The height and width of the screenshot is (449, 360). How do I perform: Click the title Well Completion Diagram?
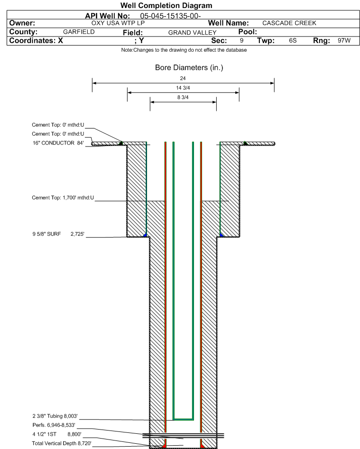[166, 5]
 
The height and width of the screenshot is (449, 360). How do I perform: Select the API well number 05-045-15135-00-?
[170, 16]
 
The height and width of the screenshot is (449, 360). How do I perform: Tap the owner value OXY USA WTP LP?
[118, 23]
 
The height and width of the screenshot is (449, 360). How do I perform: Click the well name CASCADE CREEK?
[289, 23]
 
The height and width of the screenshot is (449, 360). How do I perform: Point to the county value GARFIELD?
[79, 32]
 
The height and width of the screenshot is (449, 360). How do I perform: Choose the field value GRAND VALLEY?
[192, 33]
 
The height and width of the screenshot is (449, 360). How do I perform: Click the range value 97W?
[344, 40]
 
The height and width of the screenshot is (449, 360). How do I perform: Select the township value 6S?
[293, 40]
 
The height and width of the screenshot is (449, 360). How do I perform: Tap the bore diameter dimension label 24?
[183, 78]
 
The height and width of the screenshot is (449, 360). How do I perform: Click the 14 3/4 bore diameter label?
[183, 88]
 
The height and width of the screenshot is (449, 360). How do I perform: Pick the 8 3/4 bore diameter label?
[183, 97]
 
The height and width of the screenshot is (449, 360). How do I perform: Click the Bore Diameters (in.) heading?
[189, 68]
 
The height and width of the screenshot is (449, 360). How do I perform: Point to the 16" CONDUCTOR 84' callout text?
[58, 143]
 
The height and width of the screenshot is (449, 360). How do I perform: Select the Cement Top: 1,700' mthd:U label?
[63, 198]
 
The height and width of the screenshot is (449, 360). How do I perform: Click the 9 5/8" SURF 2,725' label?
[58, 234]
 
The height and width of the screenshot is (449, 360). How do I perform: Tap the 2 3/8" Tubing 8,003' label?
[55, 416]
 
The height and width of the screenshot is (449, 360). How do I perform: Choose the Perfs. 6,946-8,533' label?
[54, 425]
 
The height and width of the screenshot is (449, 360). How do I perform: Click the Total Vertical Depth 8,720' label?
[62, 443]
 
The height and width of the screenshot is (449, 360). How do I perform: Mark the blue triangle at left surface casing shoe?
[145, 235]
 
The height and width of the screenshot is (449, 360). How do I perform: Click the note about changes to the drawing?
[184, 50]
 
